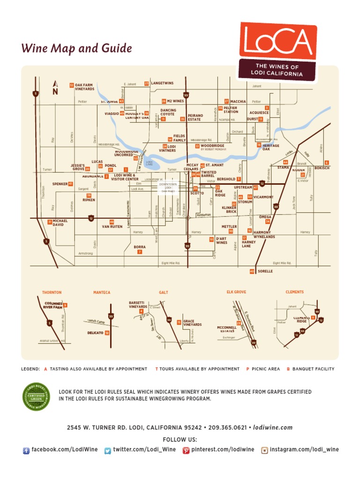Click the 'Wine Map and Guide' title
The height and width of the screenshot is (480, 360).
coord(76,49)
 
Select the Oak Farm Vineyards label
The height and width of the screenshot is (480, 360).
coord(84,87)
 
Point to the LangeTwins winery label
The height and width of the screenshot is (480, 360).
coord(162,83)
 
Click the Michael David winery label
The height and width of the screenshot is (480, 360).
coord(60,223)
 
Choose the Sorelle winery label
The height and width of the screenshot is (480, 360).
coord(265,271)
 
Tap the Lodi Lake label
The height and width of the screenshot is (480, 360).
coord(150,163)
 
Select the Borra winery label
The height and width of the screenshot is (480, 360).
coord(140,247)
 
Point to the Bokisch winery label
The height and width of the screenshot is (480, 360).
coord(322,168)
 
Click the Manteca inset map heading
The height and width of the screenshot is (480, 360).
coord(102,292)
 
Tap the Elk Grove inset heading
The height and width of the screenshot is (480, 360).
coord(236,292)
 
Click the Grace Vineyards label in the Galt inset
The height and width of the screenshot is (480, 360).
coord(193,323)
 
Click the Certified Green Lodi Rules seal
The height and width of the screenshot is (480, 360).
coord(36,397)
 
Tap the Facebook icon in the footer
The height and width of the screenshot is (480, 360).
coord(26,450)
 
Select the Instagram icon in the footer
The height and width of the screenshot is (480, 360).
coord(264,450)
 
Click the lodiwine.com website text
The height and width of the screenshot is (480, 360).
coord(274,427)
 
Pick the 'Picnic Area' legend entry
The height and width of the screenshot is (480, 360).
coord(265,369)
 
